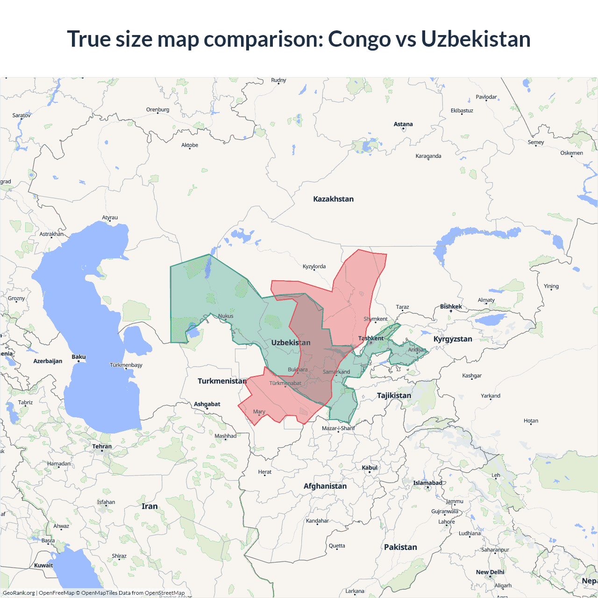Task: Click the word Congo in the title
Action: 359,39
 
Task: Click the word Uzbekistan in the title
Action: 476,39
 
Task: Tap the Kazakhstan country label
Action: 333,199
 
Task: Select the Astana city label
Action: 403,124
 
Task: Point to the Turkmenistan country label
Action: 222,381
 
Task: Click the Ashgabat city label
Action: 207,404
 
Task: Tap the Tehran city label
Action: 102,447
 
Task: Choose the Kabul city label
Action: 370,468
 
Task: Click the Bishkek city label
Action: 451,307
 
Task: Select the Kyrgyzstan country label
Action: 453,339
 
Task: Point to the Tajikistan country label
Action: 394,396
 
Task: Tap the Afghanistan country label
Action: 325,486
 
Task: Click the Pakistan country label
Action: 400,548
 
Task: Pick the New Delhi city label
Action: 490,572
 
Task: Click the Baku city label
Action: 78,357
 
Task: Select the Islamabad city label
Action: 427,483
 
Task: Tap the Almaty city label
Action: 486,300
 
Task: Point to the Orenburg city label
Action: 157,110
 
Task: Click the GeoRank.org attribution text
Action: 19,593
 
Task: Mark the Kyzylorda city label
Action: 314,267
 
